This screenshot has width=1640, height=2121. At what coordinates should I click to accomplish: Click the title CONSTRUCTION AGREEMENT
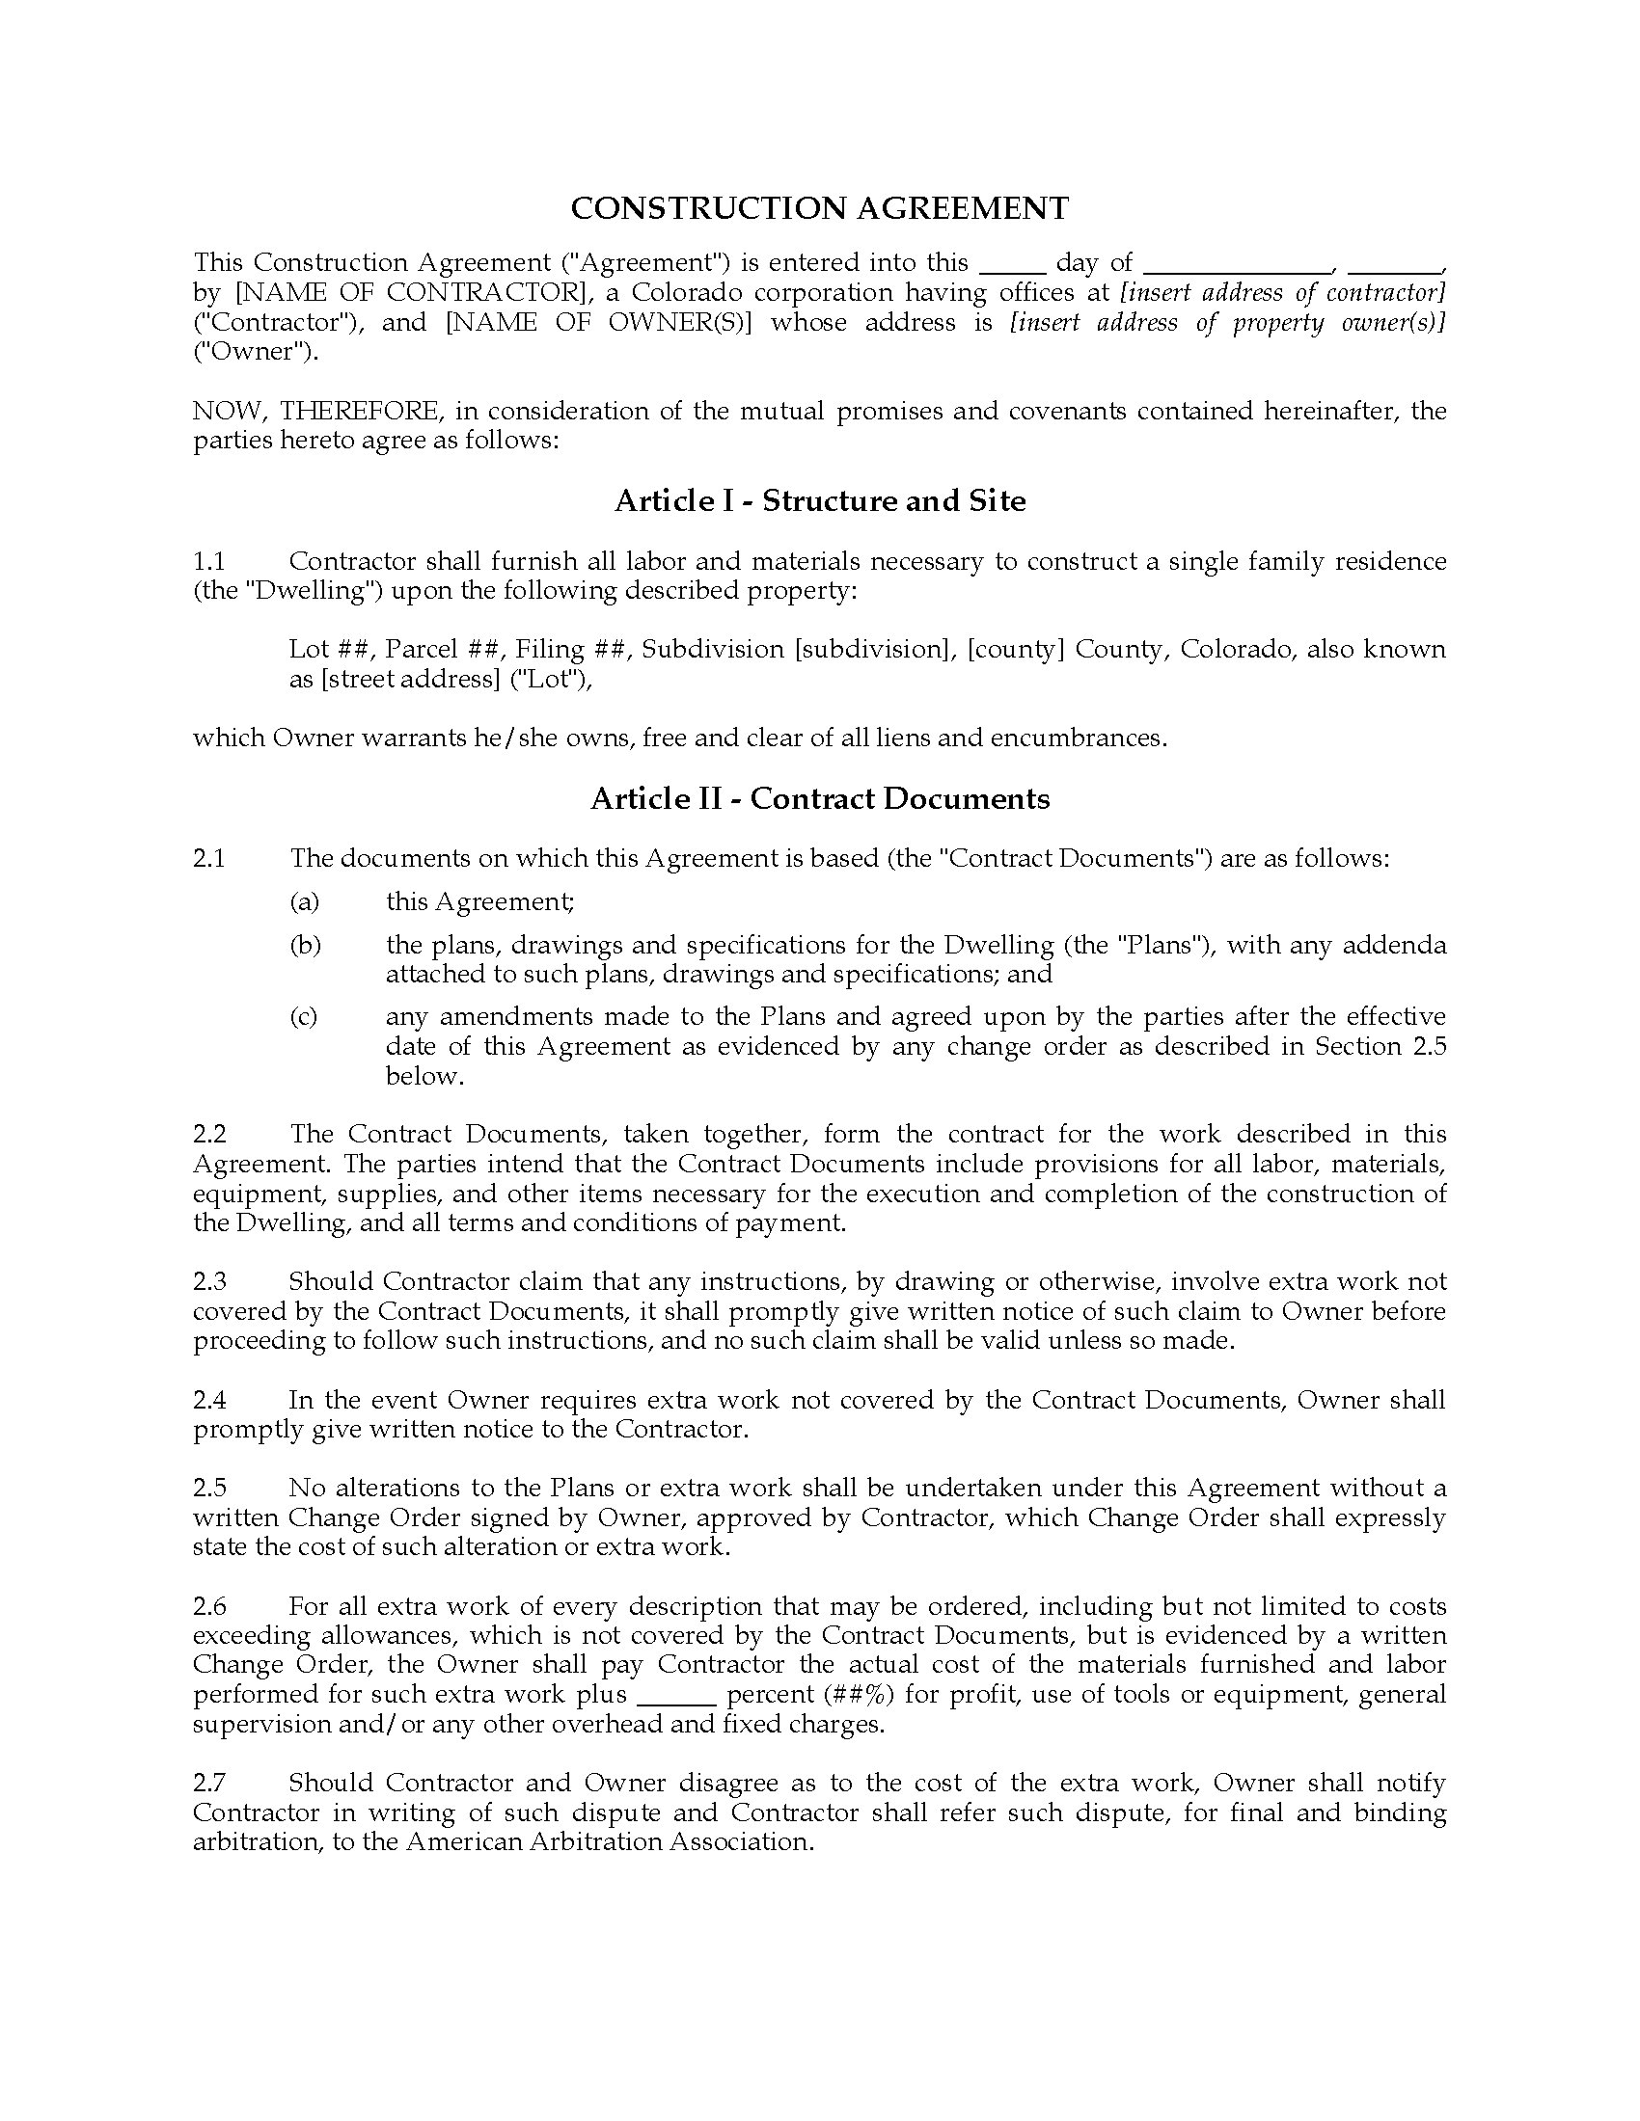click(819, 208)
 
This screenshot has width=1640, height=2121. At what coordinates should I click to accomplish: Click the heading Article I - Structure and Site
click(819, 501)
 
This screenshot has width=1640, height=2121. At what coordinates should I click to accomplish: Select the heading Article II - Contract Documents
click(819, 798)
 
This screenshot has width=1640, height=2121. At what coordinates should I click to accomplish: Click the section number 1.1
click(209, 561)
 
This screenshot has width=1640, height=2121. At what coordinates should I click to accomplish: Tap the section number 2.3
click(209, 1281)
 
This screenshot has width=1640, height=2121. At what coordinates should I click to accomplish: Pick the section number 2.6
click(209, 1605)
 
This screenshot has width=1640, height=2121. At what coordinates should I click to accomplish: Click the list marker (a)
click(304, 901)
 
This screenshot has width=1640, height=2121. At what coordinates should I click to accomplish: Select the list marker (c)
click(304, 1016)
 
